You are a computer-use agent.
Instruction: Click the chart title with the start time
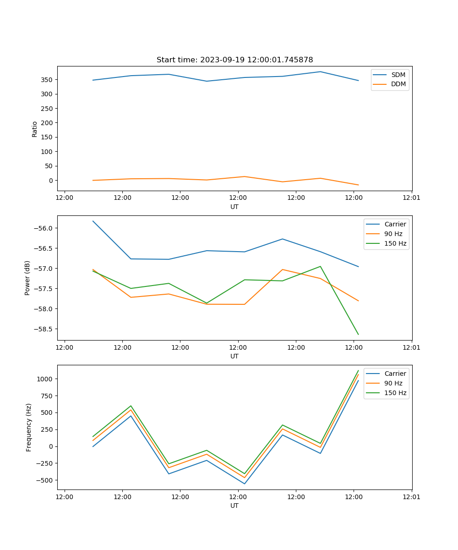pos(234,60)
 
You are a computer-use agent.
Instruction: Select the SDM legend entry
pos(398,75)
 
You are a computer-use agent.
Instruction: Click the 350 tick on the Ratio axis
pos(47,80)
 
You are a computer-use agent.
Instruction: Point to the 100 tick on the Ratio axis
pos(47,152)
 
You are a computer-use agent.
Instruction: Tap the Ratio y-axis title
pos(35,128)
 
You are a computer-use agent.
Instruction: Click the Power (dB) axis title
pos(27,278)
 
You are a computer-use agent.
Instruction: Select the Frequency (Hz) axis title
pos(29,427)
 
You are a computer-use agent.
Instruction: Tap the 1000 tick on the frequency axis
pos(46,379)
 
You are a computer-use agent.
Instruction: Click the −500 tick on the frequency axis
pos(45,480)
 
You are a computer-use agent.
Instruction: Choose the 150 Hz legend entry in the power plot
pos(395,243)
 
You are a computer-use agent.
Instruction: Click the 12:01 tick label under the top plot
pos(411,198)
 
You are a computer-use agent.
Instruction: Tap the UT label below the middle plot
pos(234,356)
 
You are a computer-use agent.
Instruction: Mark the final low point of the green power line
pos(358,335)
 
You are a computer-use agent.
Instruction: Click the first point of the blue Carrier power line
pos(93,221)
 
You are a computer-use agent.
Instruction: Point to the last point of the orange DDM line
pos(358,185)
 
